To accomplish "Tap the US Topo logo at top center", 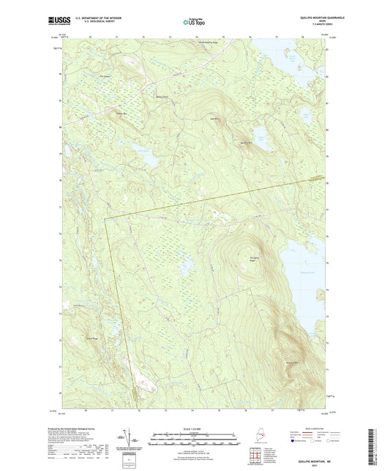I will [195, 23].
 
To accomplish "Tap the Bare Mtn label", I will [215, 118].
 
